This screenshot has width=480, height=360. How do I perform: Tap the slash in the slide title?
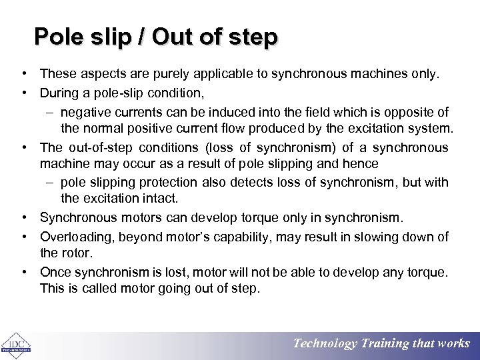click(141, 37)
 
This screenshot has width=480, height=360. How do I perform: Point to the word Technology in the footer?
click(325, 344)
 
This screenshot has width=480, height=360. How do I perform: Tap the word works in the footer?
click(453, 344)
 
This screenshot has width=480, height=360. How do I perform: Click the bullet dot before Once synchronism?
click(23, 272)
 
